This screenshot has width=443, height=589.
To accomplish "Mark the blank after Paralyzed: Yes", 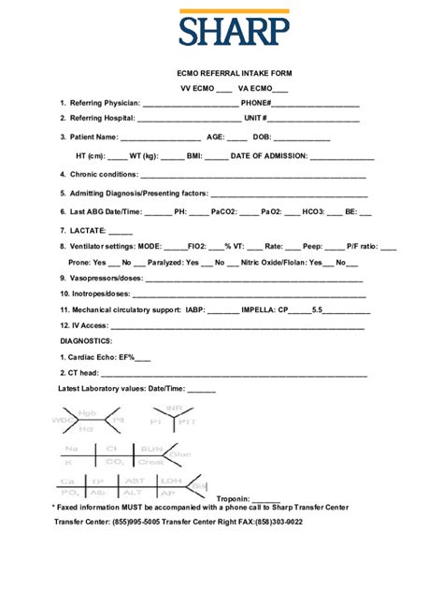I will click(207, 263).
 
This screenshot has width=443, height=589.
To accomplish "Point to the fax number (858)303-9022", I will click(274, 523).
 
